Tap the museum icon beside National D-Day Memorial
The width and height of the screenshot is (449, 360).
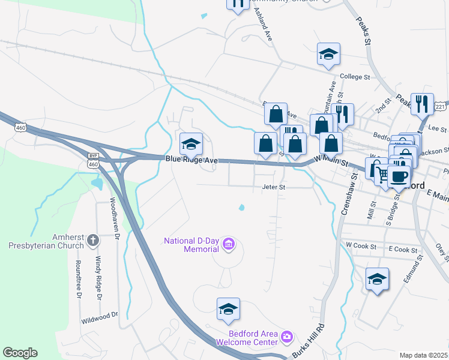click(x=228, y=245)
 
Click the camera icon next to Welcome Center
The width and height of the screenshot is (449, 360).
click(x=286, y=337)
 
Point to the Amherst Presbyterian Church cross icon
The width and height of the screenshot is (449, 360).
click(x=92, y=241)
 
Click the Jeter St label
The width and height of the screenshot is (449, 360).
click(x=273, y=187)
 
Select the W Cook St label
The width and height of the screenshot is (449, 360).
click(x=361, y=246)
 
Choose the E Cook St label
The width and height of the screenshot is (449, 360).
click(x=402, y=249)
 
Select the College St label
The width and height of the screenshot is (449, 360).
click(x=355, y=77)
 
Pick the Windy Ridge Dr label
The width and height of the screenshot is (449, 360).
click(x=98, y=277)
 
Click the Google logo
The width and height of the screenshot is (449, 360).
click(x=20, y=353)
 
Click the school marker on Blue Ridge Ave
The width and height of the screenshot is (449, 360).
click(x=191, y=144)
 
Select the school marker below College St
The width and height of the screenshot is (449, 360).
click(x=328, y=55)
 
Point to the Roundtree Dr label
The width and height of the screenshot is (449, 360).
click(x=78, y=279)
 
